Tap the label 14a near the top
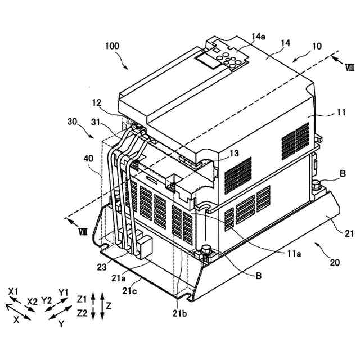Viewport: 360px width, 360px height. [258, 37]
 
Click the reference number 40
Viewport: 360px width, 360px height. [89, 159]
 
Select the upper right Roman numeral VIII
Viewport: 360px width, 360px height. [349, 67]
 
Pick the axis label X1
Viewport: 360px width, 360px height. [14, 291]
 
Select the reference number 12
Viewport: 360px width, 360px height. [97, 103]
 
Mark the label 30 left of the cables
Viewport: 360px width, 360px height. [71, 121]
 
